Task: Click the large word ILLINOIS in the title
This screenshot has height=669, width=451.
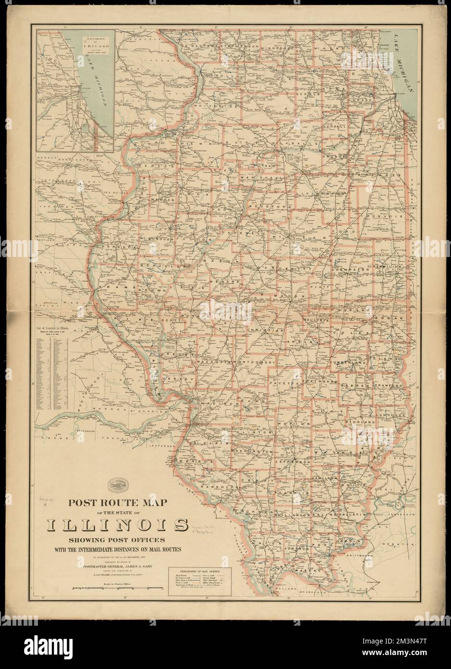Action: (x=117, y=524)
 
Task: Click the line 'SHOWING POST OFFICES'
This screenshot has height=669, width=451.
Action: (x=117, y=540)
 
